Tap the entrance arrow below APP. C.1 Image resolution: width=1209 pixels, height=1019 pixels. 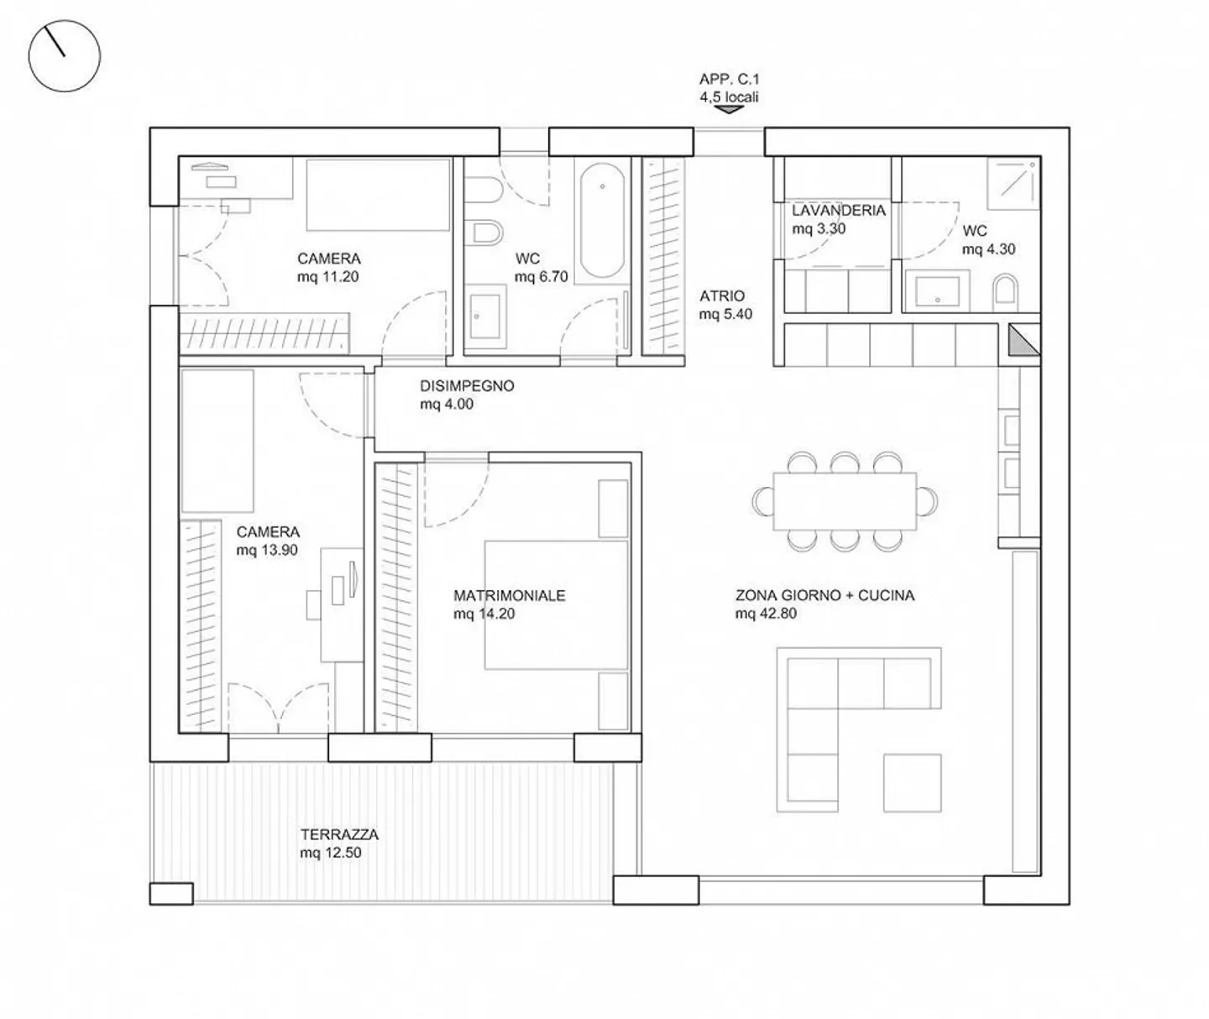pyautogui.click(x=729, y=109)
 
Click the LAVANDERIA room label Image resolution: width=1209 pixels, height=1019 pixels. pyautogui.click(x=839, y=210)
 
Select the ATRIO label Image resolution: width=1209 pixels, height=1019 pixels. pyautogui.click(x=721, y=295)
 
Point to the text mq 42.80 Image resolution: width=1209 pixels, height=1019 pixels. pyautogui.click(x=766, y=613)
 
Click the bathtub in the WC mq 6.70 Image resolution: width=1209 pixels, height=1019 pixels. pyautogui.click(x=602, y=221)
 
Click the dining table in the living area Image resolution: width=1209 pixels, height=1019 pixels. pyautogui.click(x=845, y=501)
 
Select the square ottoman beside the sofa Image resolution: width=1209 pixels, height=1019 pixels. pyautogui.click(x=912, y=783)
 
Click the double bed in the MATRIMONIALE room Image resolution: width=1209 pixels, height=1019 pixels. pyautogui.click(x=556, y=605)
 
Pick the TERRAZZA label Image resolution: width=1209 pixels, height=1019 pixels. pyautogui.click(x=339, y=834)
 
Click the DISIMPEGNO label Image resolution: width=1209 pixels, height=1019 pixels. pyautogui.click(x=467, y=385)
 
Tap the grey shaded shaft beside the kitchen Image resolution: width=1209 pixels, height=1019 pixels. pyautogui.click(x=1023, y=340)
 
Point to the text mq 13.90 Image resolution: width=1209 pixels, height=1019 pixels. pyautogui.click(x=267, y=550)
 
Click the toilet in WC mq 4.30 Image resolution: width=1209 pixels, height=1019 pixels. pyautogui.click(x=1005, y=292)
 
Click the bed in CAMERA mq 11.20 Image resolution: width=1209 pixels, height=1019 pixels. pyautogui.click(x=378, y=195)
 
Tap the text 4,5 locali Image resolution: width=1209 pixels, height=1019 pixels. pyautogui.click(x=729, y=97)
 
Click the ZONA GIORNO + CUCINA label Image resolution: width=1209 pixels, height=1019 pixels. pyautogui.click(x=825, y=595)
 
